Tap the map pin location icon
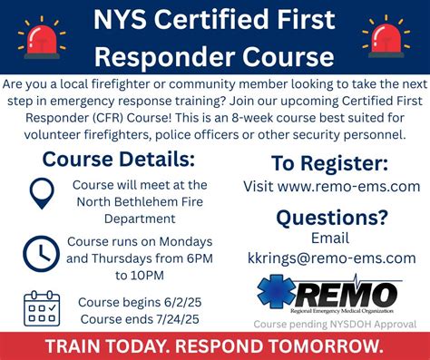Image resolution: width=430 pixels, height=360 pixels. pos(40,193)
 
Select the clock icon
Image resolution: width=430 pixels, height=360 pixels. pos(40,251)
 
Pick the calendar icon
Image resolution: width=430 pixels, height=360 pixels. pos(40,308)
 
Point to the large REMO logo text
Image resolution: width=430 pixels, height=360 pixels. pos(349,293)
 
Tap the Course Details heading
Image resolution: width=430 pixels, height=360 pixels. pos(119,160)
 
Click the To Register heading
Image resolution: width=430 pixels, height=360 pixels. pos(330,164)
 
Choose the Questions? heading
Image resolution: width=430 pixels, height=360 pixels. pos(331,217)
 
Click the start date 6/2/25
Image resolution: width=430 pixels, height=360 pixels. pos(181,302)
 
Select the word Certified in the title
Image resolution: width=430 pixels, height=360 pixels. pos(209,18)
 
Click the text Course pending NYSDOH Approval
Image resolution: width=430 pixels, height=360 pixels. pos(335,323)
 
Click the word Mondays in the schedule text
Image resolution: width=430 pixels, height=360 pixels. pos(185,242)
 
